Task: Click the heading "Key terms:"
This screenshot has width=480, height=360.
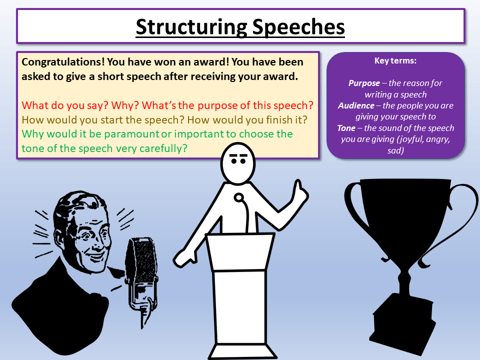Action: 395,61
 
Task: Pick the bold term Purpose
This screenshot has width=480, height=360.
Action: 364,83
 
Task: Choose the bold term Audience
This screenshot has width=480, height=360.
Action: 356,105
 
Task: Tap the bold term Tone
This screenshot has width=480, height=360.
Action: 346,128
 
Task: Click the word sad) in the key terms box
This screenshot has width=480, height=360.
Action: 395,150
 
